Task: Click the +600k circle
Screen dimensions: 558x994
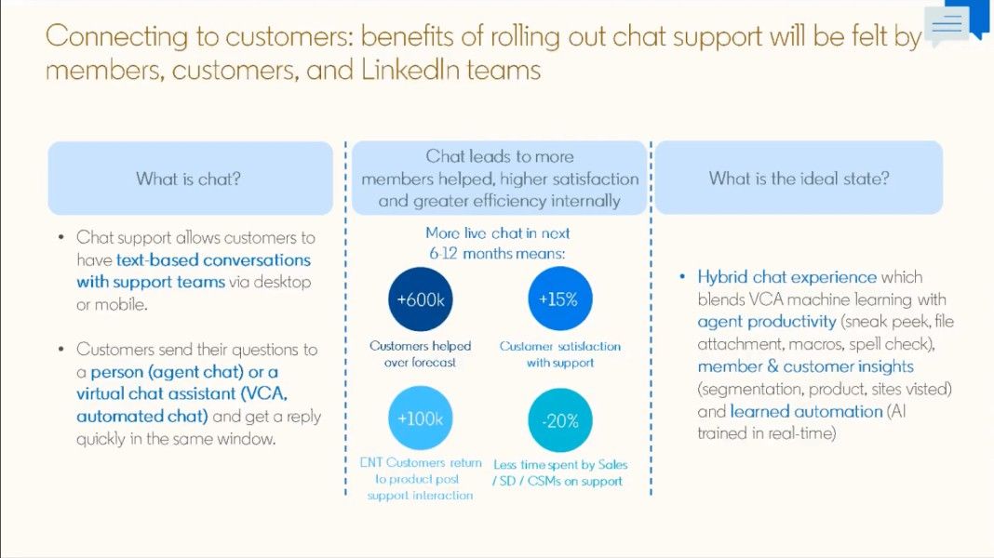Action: click(420, 299)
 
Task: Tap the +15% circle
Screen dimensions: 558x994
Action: click(559, 299)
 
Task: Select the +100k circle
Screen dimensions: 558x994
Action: click(420, 418)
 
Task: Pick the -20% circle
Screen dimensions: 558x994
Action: click(559, 420)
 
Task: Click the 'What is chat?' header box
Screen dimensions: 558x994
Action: click(190, 179)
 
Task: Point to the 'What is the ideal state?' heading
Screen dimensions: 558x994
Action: click(799, 178)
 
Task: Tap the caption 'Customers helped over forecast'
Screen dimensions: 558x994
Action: click(420, 353)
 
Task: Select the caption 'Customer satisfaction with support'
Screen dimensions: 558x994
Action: click(559, 353)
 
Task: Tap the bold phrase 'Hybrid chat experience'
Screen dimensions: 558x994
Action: click(786, 276)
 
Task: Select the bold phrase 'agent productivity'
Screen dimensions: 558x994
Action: click(767, 322)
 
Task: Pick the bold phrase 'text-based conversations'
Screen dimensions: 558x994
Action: click(213, 259)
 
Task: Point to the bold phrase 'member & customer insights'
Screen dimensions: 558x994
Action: click(805, 366)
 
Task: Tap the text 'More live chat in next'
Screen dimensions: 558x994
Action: click(497, 232)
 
